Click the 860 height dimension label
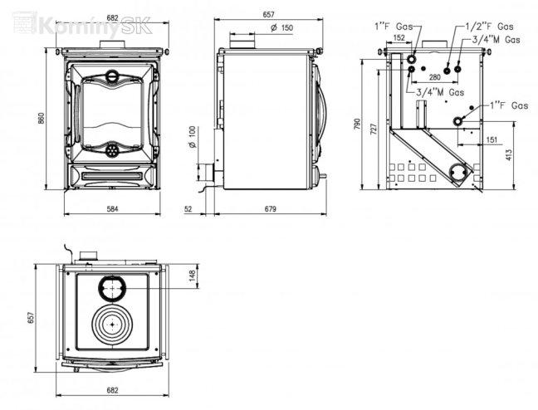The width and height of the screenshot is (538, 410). point(42,118)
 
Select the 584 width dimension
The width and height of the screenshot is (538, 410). point(112,208)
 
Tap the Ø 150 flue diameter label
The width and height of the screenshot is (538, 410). point(282,27)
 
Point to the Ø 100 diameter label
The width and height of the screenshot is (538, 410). point(193,137)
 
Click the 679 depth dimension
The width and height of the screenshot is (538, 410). point(271,209)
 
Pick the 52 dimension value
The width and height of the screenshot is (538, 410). point(188,209)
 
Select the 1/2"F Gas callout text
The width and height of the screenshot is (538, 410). point(490,26)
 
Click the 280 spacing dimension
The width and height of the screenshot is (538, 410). point(435,77)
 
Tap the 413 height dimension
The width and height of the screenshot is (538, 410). point(509,154)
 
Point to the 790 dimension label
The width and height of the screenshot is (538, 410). point(357,124)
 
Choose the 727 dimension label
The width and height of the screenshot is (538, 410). point(374,129)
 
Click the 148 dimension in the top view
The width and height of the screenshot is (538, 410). point(192,276)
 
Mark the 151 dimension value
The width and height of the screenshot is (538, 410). point(492,139)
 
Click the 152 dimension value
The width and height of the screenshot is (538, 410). point(399,37)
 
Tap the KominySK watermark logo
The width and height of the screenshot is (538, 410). point(82,24)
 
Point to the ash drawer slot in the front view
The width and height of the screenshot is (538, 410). point(111,176)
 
